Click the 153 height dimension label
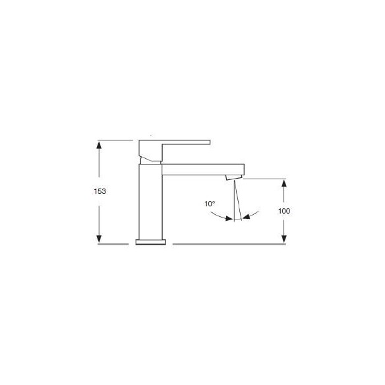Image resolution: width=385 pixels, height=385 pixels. pyautogui.click(x=100, y=191)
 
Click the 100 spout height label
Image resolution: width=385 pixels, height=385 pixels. pyautogui.click(x=284, y=211)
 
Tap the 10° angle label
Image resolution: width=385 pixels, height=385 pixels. pyautogui.click(x=210, y=204)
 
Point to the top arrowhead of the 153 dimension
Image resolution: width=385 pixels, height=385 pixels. pyautogui.click(x=99, y=145)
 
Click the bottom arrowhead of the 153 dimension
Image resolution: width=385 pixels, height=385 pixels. pyautogui.click(x=99, y=239)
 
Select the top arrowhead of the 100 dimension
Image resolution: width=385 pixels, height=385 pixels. pyautogui.click(x=284, y=184)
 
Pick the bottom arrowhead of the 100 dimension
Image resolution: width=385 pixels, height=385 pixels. pyautogui.click(x=284, y=239)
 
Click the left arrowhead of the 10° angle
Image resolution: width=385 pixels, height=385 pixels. pyautogui.click(x=229, y=218)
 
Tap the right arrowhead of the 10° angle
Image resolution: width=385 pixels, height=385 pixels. pyautogui.click(x=247, y=216)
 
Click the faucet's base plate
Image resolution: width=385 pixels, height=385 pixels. pyautogui.click(x=151, y=242)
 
